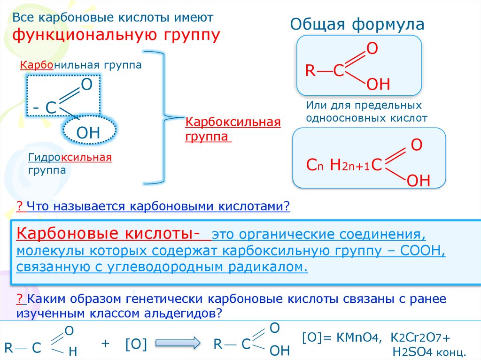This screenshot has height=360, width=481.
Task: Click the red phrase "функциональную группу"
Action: tap(116, 35)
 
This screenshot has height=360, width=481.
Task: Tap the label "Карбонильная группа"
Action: tap(80, 65)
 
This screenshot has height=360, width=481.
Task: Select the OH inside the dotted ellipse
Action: tap(88, 133)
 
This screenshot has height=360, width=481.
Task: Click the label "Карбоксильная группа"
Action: tap(233, 130)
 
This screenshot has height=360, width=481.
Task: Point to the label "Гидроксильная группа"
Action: tap(70, 163)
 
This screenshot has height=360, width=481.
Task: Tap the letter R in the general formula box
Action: tap(310, 71)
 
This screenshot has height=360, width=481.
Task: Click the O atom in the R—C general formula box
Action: tap(372, 49)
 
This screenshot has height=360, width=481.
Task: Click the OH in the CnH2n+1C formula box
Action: tap(418, 181)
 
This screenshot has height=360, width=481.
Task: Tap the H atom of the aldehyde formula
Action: tap(72, 352)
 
